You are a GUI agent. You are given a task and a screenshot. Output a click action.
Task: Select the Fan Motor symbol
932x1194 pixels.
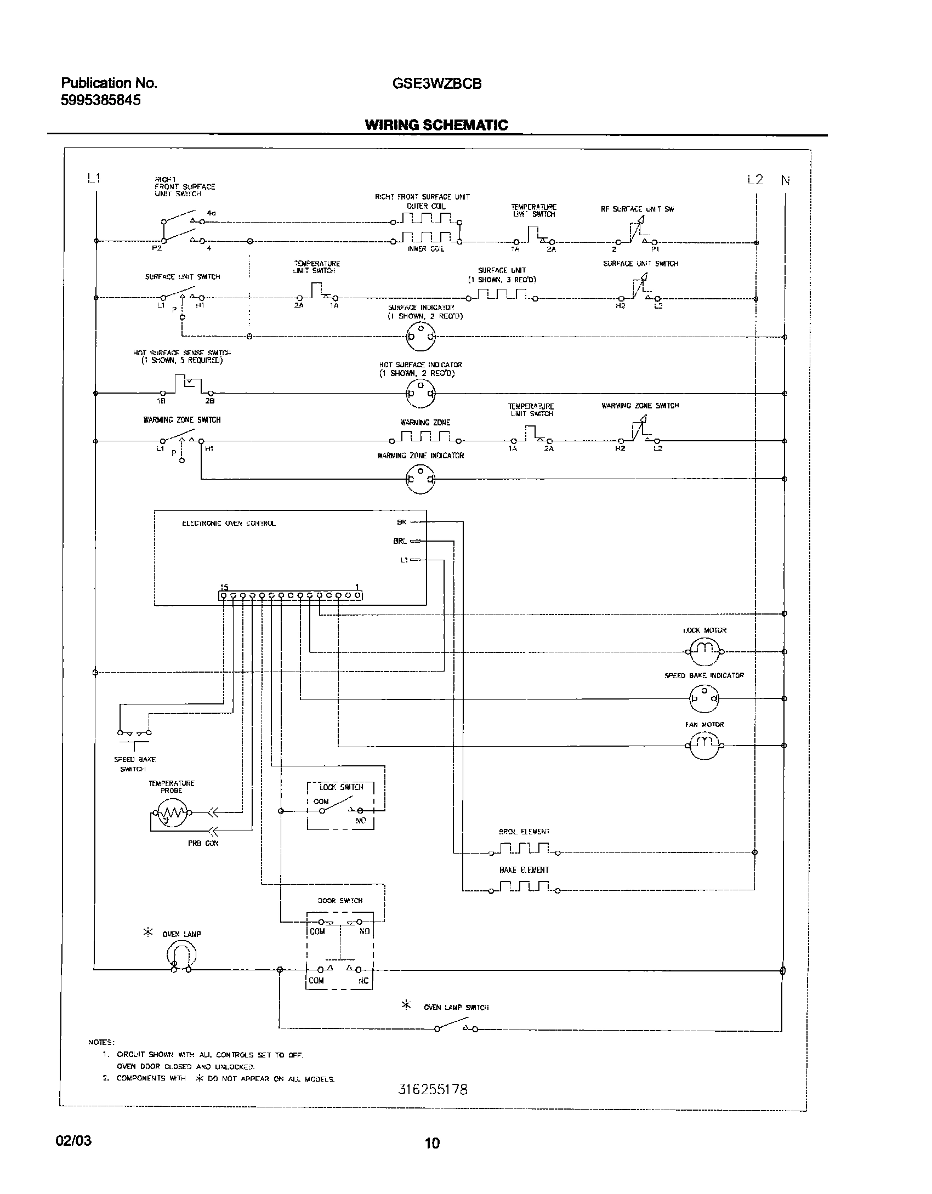[x=704, y=745]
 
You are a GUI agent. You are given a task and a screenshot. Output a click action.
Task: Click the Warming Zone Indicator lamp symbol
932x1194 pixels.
[x=420, y=479]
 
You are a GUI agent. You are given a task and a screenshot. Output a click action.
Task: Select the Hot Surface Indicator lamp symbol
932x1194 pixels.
[x=420, y=393]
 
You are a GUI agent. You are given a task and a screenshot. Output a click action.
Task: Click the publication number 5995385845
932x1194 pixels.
[x=101, y=100]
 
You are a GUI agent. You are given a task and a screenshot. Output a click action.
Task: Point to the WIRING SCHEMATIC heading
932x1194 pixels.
[x=436, y=125]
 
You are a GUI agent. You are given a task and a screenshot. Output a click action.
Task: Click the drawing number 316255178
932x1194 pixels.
[x=433, y=1089]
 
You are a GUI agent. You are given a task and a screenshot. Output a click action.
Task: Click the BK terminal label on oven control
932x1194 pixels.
[x=402, y=522]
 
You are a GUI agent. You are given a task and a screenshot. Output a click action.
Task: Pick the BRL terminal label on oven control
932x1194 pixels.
[x=400, y=541]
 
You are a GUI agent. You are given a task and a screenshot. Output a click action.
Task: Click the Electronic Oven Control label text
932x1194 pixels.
[x=229, y=524]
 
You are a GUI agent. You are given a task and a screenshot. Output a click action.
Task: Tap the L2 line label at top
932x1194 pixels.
[x=755, y=179]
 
